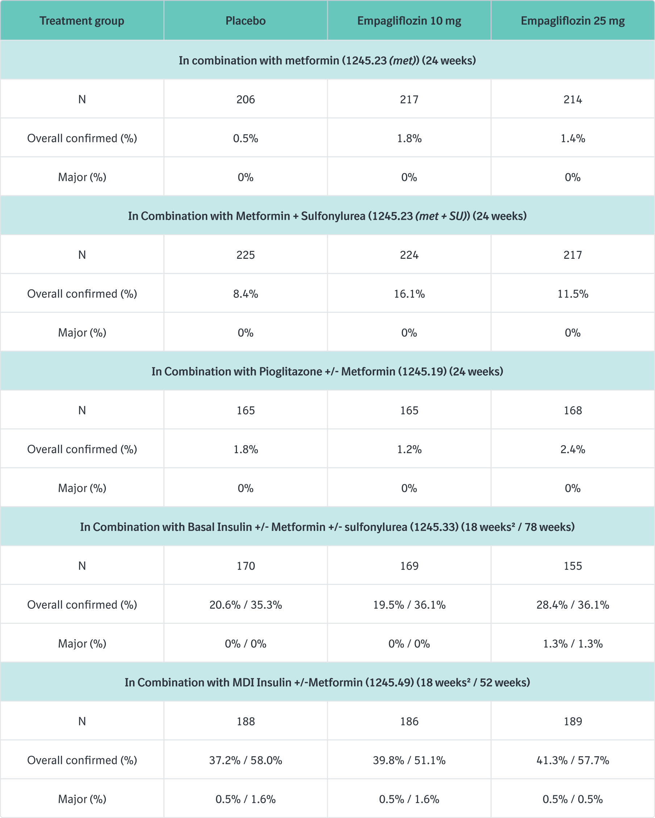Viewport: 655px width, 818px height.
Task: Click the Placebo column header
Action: coord(245,21)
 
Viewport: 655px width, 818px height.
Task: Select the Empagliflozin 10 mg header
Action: coord(409,21)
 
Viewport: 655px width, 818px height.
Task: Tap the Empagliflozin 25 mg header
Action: coord(573,21)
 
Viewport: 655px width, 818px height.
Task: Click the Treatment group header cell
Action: coord(82,21)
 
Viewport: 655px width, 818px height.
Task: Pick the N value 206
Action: coord(245,100)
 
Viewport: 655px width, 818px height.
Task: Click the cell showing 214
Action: coord(573,100)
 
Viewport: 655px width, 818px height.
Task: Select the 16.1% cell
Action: coord(409,294)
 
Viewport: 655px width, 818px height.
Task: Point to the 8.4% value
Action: coord(245,294)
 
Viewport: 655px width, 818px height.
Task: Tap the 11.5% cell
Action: coord(573,294)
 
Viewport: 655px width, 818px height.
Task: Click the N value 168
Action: coord(573,410)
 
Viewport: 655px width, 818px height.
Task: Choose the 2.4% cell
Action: coord(573,449)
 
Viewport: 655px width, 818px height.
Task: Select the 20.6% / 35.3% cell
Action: coord(245,605)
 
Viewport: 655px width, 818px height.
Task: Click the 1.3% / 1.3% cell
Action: coord(573,644)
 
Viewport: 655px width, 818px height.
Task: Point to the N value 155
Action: coord(573,566)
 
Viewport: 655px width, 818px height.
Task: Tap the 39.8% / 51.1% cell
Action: coord(409,760)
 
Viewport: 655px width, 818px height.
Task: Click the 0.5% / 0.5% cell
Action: coord(573,799)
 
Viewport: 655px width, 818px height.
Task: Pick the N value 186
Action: coord(409,721)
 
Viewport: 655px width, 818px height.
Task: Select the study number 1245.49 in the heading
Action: coord(389,683)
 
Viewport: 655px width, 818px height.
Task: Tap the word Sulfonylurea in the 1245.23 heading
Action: coord(333,216)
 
